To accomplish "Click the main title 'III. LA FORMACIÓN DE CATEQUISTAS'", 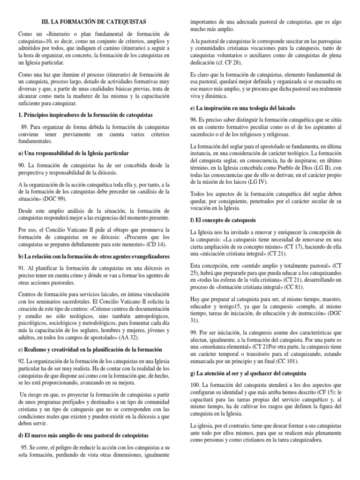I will [94, 22].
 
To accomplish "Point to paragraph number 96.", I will [195, 120].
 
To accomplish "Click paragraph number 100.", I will [197, 385].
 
